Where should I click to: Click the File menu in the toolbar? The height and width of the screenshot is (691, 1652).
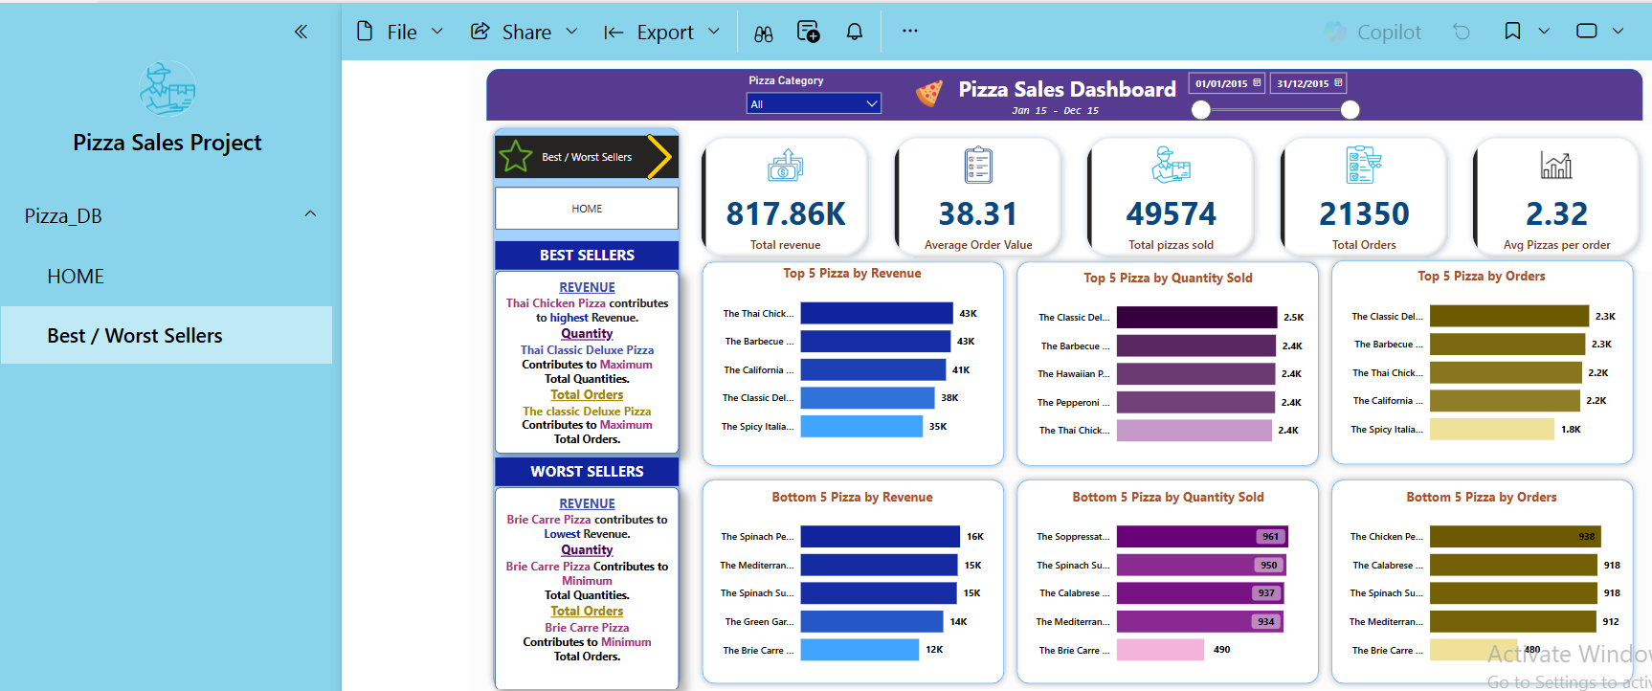pyautogui.click(x=399, y=33)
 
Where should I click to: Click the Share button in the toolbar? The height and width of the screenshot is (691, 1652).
pyautogui.click(x=525, y=33)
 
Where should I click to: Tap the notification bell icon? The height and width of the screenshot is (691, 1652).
pyautogui.click(x=854, y=33)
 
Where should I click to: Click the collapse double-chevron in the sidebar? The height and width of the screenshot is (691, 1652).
pyautogui.click(x=301, y=32)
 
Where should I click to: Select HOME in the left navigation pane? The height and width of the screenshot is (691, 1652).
pyautogui.click(x=76, y=277)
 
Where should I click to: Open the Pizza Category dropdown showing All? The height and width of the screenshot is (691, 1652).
pyautogui.click(x=814, y=103)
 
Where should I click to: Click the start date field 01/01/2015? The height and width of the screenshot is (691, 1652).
pyautogui.click(x=1226, y=83)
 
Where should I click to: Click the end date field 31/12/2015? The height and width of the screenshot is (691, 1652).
pyautogui.click(x=1307, y=83)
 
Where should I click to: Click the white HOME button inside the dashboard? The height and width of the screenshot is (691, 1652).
pyautogui.click(x=587, y=209)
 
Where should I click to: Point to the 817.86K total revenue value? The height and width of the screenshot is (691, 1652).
pyautogui.click(x=785, y=213)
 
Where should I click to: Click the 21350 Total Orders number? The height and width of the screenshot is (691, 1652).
pyautogui.click(x=1364, y=213)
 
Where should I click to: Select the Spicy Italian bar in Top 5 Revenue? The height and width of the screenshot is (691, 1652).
pyautogui.click(x=860, y=426)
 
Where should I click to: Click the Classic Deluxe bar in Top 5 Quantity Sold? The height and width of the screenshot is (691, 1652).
pyautogui.click(x=1196, y=317)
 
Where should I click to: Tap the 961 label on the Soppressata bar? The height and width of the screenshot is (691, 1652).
pyautogui.click(x=1269, y=537)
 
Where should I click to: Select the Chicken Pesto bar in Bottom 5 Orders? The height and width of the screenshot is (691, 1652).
pyautogui.click(x=1514, y=537)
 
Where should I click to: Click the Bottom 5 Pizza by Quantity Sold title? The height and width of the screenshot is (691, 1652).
pyautogui.click(x=1168, y=497)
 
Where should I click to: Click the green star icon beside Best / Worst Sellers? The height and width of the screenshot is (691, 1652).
pyautogui.click(x=516, y=157)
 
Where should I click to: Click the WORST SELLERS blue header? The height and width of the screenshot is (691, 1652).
pyautogui.click(x=587, y=472)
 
